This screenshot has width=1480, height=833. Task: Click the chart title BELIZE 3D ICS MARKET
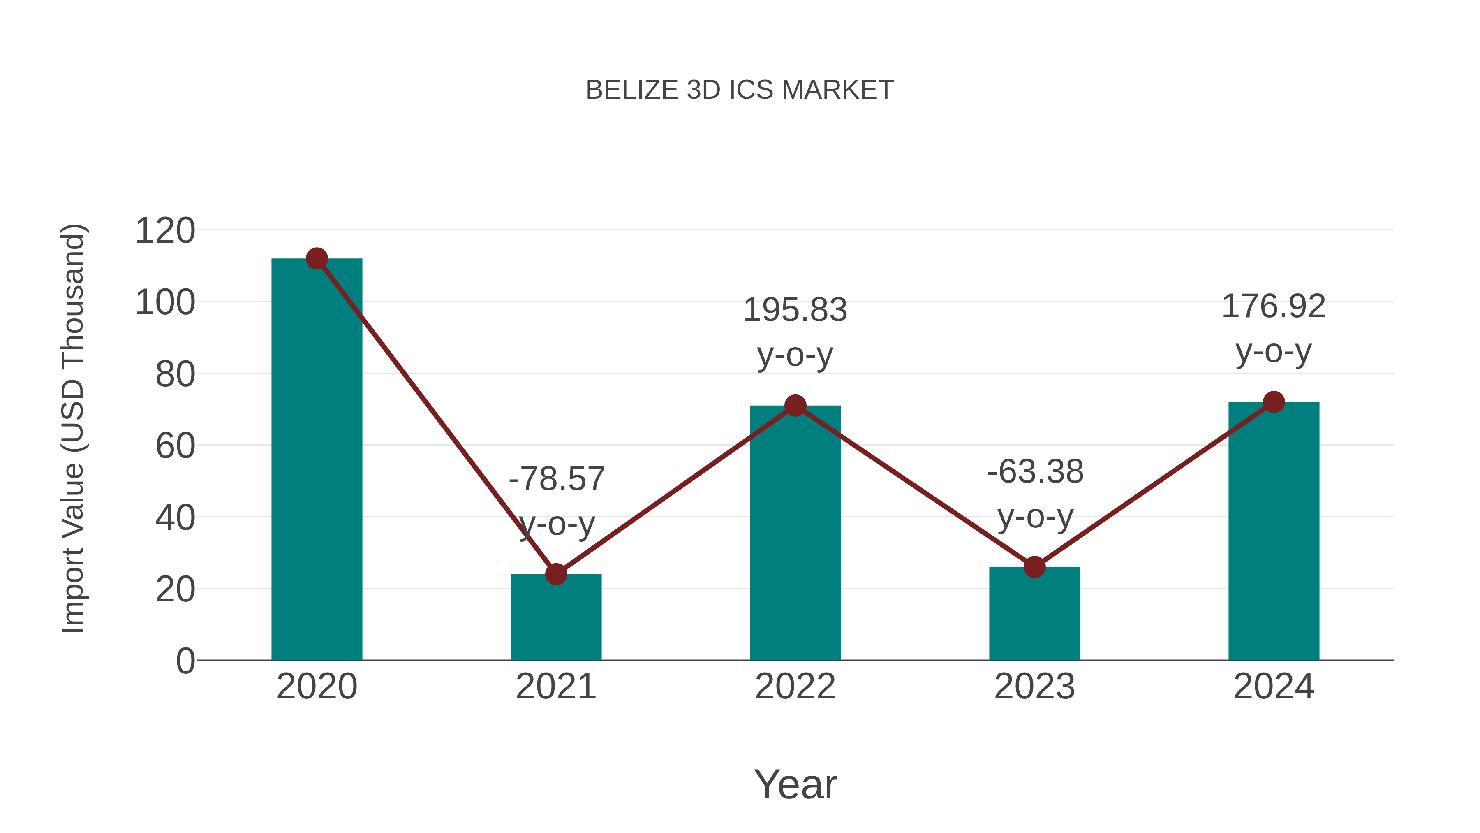[x=740, y=90]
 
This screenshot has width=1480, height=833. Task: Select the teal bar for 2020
[x=317, y=460]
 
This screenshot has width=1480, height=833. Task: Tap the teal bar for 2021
[x=555, y=618]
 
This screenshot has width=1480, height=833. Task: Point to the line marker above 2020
[x=317, y=259]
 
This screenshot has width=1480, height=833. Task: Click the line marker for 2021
[x=555, y=574]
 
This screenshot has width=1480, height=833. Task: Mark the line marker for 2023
[x=1034, y=567]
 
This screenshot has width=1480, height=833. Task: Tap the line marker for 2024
[x=1274, y=402]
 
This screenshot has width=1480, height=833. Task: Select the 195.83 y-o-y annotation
[x=795, y=332]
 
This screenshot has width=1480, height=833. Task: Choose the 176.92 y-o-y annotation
[x=1274, y=328]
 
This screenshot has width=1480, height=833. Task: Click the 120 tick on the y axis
[x=165, y=231]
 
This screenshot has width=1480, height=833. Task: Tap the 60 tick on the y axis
[x=175, y=446]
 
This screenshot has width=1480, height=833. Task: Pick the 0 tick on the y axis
[x=185, y=661]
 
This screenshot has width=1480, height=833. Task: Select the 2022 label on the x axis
[x=795, y=687]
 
